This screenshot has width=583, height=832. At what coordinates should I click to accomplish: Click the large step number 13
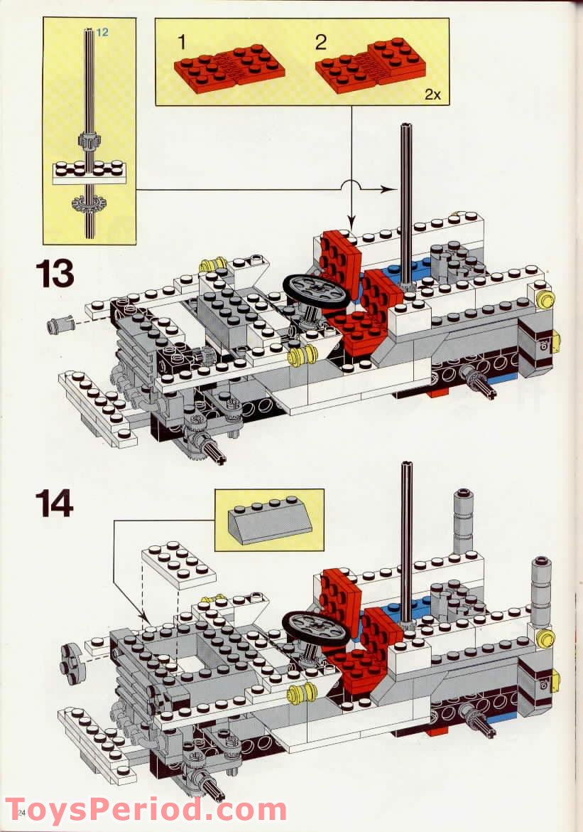54,274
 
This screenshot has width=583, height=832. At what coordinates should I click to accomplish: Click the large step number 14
54,503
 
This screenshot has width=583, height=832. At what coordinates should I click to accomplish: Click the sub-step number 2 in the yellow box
321,42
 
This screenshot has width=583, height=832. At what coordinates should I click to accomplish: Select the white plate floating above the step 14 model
179,565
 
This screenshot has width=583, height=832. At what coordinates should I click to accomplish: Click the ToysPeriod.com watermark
146,811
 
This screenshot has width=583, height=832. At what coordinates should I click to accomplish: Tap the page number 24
20,812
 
